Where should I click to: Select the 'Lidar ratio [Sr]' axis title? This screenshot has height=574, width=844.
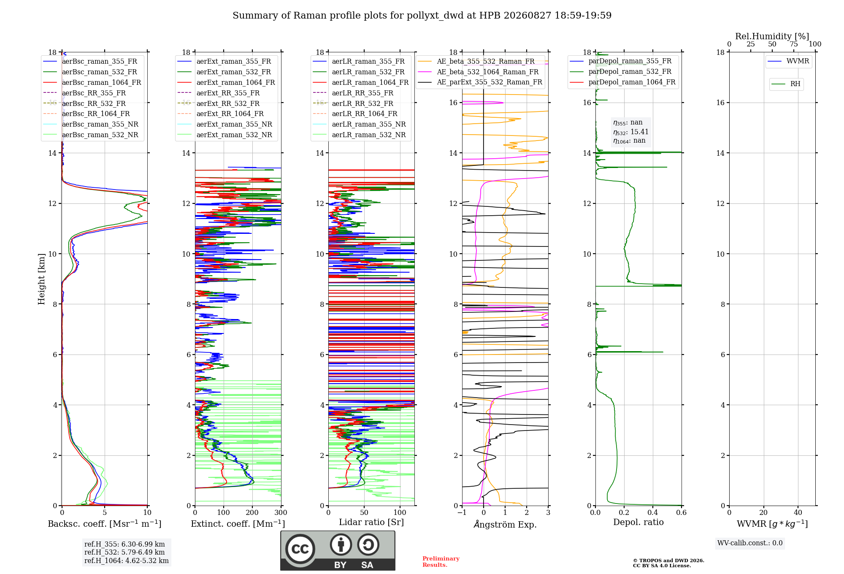tap(371, 523)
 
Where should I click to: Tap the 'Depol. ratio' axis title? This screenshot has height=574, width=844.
tap(638, 523)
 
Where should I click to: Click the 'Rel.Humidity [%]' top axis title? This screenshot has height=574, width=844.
tap(772, 36)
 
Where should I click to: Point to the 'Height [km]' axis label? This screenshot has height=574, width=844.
tap(41, 279)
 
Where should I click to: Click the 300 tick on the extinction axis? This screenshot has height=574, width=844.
tap(281, 513)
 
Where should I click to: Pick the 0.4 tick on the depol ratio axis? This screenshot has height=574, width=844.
tap(653, 513)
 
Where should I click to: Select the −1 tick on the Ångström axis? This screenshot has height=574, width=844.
tap(462, 513)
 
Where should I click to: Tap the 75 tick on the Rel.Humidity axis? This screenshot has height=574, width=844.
tap(794, 44)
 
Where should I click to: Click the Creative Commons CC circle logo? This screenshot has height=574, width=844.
tap(300, 549)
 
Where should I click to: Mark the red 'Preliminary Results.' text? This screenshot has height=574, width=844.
tap(441, 562)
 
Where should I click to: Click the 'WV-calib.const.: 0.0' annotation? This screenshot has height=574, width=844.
tap(750, 543)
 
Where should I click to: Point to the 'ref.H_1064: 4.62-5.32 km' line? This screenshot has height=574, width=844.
tap(127, 561)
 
